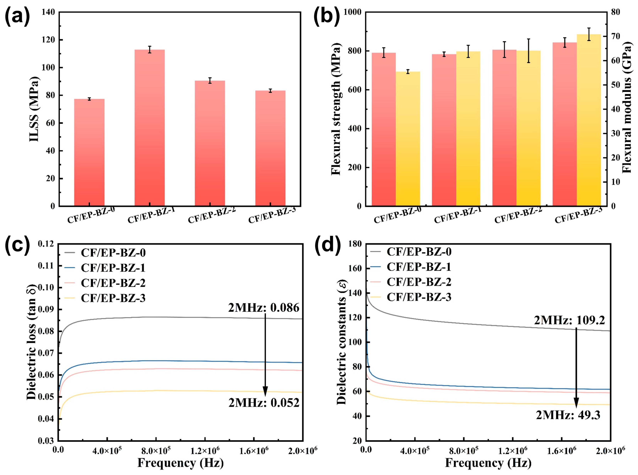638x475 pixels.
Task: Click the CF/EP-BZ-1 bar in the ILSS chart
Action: [x=150, y=128]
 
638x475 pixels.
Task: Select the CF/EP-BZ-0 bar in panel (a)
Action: [x=89, y=152]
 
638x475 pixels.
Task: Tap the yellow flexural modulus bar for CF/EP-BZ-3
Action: [x=589, y=120]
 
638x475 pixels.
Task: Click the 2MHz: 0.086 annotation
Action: [x=264, y=308]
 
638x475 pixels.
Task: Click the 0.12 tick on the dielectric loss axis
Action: [x=46, y=244]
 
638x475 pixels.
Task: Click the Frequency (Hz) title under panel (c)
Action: [x=181, y=463]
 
